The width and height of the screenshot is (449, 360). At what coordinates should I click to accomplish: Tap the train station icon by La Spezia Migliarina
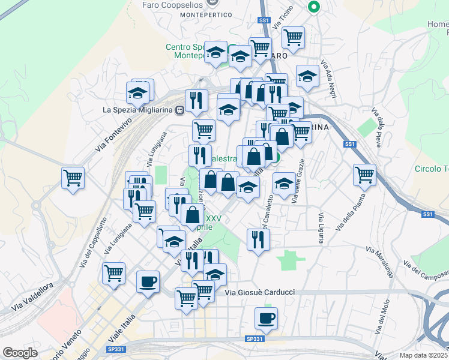click(x=179, y=110)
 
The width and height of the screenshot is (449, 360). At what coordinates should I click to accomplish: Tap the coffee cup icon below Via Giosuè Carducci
click(x=266, y=317)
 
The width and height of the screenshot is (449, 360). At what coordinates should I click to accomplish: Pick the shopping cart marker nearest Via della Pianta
click(x=364, y=175)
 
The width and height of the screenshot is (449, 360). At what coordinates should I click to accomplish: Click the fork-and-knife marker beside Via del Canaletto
click(x=258, y=239)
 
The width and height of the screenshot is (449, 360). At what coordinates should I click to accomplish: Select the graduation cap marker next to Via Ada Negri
click(x=307, y=76)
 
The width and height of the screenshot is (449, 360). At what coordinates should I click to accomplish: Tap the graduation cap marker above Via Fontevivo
click(x=137, y=93)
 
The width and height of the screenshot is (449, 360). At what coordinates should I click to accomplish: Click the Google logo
click(x=20, y=353)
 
